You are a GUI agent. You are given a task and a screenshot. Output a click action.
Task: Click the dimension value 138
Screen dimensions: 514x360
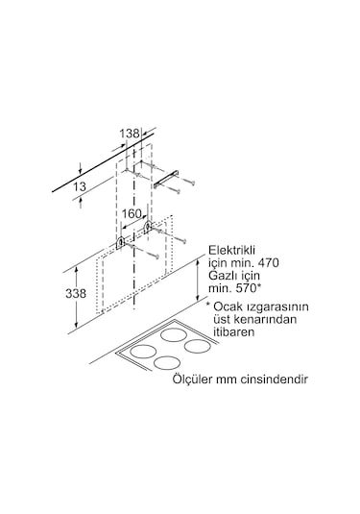pos(131,132)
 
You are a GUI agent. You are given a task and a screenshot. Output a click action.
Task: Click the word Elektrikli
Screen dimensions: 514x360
pos(234,247)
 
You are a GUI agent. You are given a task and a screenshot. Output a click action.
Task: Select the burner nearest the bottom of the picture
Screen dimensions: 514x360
pos(165,363)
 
